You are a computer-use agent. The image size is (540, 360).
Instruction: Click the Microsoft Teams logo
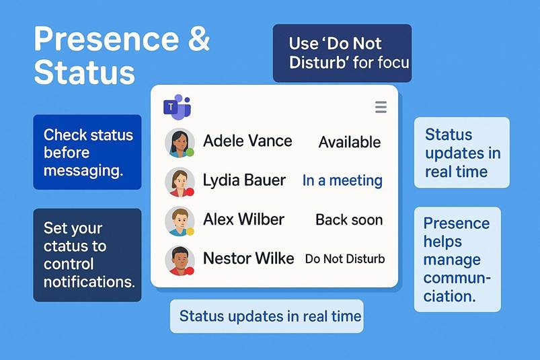click(x=177, y=107)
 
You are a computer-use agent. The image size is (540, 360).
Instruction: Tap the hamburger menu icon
click(x=381, y=107)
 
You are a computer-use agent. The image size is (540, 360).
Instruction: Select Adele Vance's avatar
click(x=180, y=143)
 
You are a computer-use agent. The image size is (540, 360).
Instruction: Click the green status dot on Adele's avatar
click(x=190, y=152)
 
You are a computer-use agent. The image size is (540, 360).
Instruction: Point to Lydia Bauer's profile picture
click(x=180, y=182)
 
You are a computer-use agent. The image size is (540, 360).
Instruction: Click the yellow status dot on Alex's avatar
click(x=190, y=231)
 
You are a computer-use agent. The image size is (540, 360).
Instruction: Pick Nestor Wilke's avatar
click(x=180, y=260)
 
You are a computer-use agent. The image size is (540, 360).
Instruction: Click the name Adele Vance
click(x=247, y=141)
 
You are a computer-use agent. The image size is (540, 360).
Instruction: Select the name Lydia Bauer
click(x=244, y=180)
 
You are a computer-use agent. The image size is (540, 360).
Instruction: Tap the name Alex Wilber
click(x=244, y=219)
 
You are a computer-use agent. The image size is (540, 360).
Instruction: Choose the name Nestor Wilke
click(x=249, y=258)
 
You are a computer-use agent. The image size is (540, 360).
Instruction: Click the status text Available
click(x=350, y=142)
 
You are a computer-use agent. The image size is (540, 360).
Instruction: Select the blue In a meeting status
click(x=342, y=180)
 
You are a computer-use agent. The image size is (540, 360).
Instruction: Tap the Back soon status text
click(x=349, y=220)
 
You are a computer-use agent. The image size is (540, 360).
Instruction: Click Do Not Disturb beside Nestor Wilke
click(x=345, y=258)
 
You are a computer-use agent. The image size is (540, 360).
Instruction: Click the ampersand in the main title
click(x=198, y=38)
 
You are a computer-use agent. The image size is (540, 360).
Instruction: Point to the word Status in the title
click(x=84, y=73)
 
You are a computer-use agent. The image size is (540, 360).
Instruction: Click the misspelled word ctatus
click(x=75, y=246)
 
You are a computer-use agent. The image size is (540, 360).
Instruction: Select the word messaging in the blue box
click(x=83, y=171)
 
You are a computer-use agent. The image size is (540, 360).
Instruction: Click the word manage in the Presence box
click(x=452, y=260)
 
